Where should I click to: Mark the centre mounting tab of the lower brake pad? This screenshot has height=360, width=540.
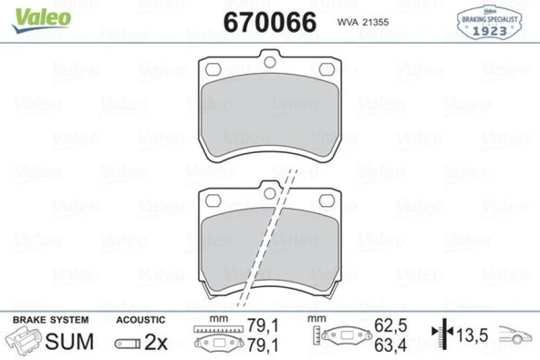click(270, 188)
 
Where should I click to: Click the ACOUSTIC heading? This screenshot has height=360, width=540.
click(140, 321)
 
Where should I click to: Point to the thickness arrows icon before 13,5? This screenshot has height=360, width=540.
click(446, 335)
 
